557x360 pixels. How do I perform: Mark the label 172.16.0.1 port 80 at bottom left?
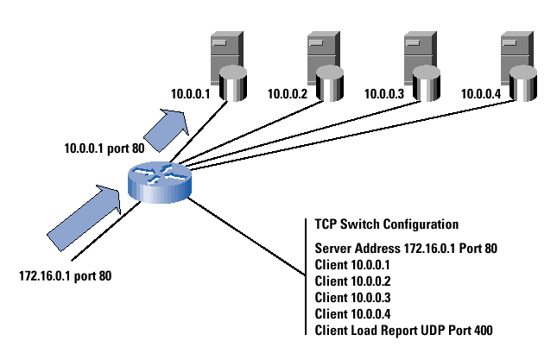click(66, 277)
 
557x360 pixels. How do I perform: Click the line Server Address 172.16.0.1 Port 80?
click(407, 248)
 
